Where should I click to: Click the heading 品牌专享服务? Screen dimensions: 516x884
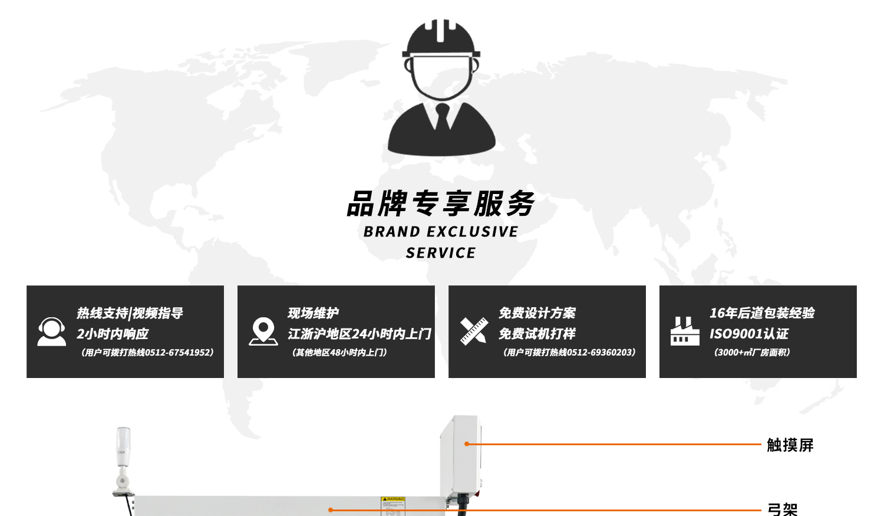(441, 203)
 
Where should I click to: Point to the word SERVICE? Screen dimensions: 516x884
(441, 253)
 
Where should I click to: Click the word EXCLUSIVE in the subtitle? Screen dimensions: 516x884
(472, 232)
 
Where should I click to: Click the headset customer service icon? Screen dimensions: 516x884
(51, 332)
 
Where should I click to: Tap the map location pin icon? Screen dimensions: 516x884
(263, 331)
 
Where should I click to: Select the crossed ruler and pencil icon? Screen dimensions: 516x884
(474, 331)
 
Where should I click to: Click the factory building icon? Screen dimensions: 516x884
(685, 331)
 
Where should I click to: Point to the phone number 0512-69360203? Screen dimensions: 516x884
(599, 353)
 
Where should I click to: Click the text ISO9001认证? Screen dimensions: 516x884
(748, 334)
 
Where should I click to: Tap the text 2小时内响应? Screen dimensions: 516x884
(113, 334)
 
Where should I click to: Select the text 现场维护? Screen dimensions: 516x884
(313, 313)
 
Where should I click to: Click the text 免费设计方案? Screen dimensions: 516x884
(537, 313)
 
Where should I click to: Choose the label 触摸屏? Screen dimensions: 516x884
(790, 445)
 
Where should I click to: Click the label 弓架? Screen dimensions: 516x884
(782, 510)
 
